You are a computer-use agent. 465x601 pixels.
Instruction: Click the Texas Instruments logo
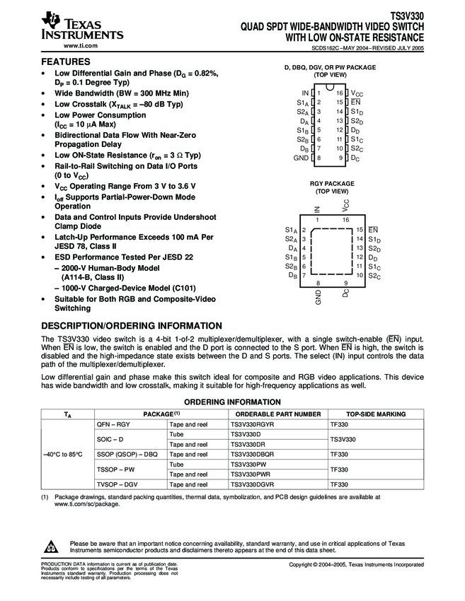click(x=82, y=26)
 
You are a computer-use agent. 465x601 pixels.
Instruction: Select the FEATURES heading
click(x=67, y=62)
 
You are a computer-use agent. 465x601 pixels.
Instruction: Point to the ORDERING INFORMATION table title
click(x=232, y=402)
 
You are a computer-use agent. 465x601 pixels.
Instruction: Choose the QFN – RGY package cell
click(x=113, y=424)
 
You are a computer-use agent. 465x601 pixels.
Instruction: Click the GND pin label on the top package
click(x=300, y=158)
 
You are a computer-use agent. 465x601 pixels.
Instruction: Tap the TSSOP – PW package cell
click(x=114, y=469)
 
